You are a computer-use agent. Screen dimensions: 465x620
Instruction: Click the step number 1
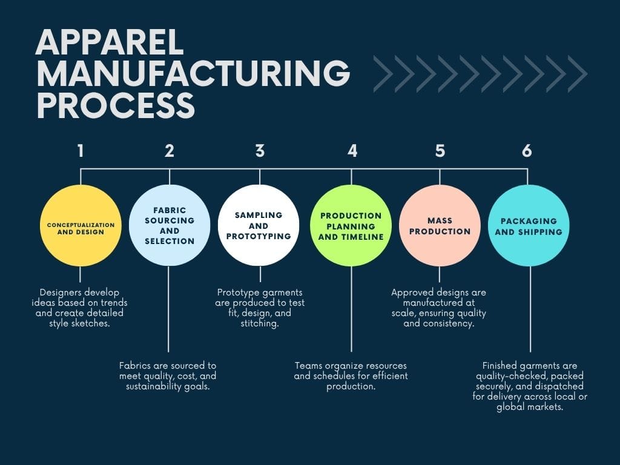pos(81,151)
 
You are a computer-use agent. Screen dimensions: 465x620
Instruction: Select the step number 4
pos(352,151)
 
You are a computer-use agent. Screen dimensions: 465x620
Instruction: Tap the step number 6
pos(527,151)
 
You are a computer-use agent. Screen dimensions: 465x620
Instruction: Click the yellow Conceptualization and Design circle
pos(81,225)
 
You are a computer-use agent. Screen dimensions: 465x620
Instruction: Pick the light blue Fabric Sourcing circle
pos(170,225)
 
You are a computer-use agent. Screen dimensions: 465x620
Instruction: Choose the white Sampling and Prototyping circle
pos(259,225)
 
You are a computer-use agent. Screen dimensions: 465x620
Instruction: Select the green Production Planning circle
pos(351,225)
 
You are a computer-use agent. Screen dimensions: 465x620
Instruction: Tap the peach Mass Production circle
pos(440,225)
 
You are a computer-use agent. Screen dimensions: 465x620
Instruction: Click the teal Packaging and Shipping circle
pos(528,225)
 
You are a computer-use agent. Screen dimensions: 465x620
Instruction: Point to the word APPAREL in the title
pos(110,43)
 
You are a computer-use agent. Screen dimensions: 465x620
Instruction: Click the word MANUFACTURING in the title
pos(193,74)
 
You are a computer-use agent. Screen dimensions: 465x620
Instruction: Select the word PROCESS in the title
pos(116,105)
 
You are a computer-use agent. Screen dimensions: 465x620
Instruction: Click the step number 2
pos(170,151)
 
